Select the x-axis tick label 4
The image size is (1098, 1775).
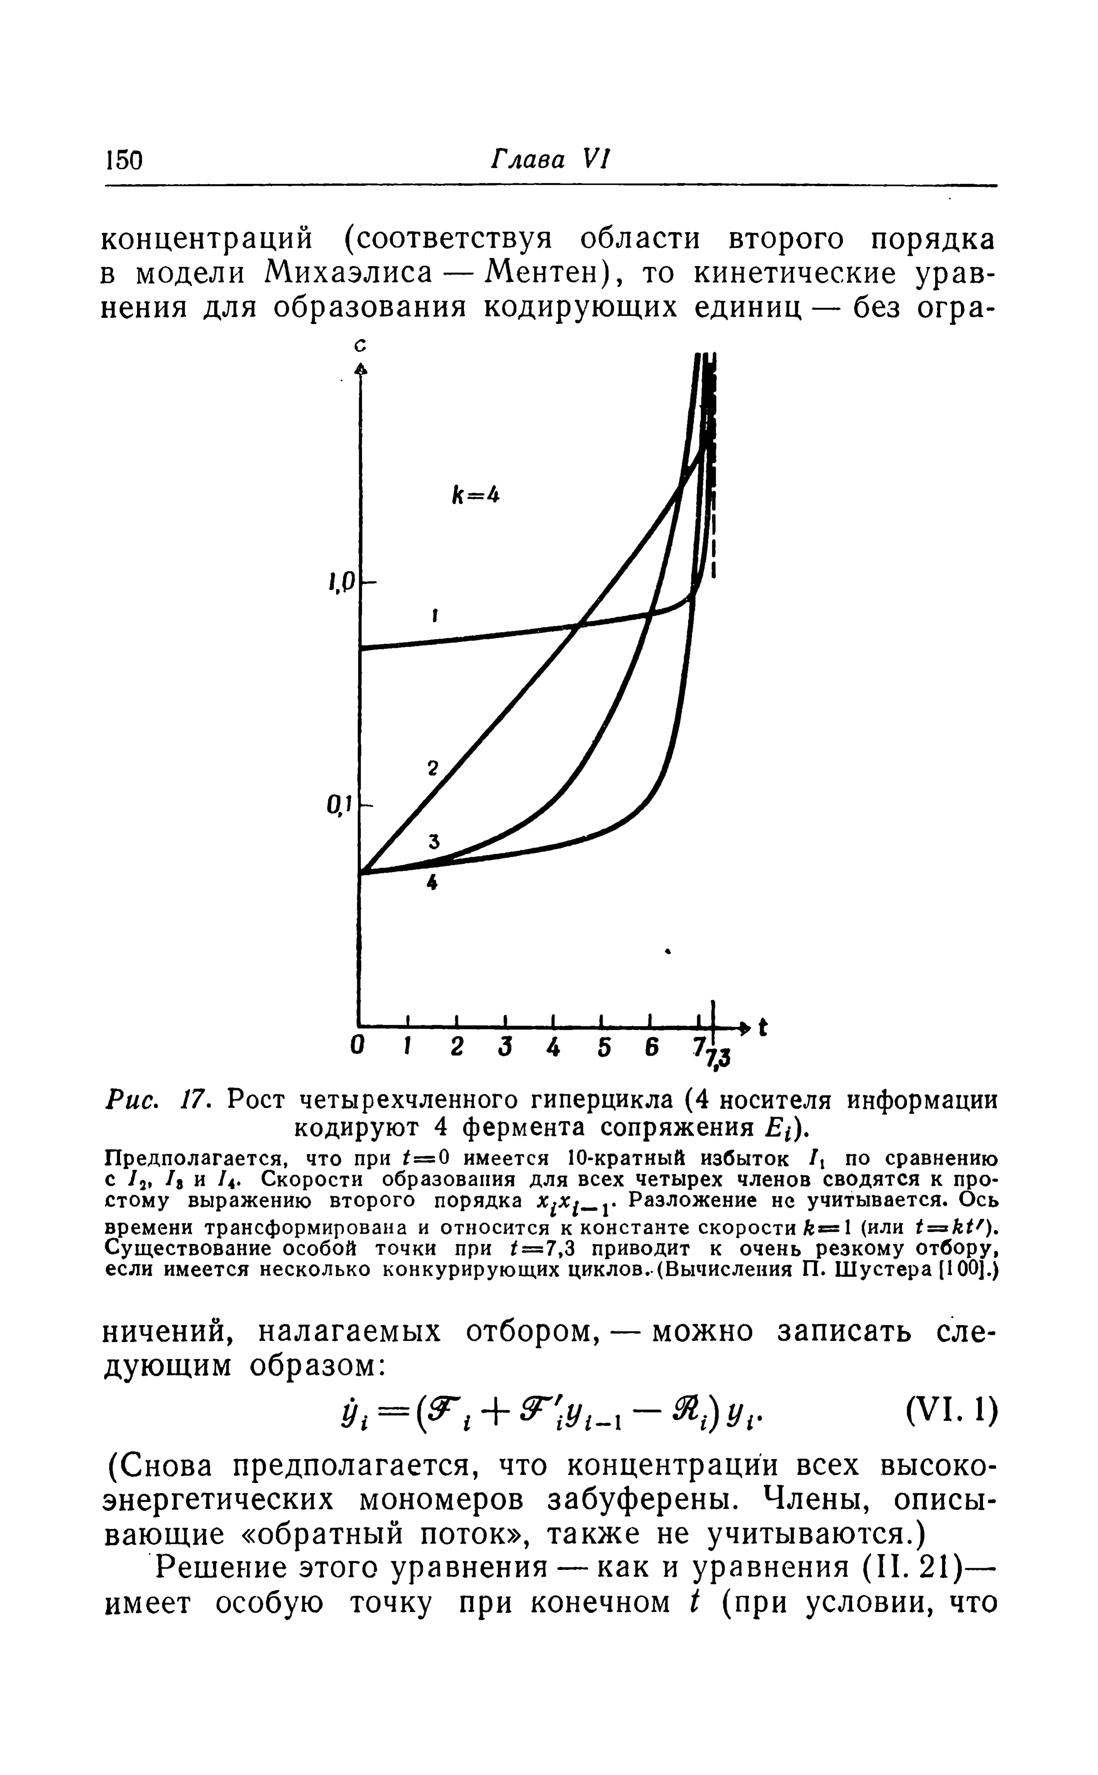[x=554, y=1048]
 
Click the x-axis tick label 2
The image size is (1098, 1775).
[x=457, y=1048]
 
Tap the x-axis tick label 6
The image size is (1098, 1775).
[x=651, y=1048]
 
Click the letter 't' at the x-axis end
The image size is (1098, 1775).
[x=762, y=1028]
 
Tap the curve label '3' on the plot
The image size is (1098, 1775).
[x=434, y=841]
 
